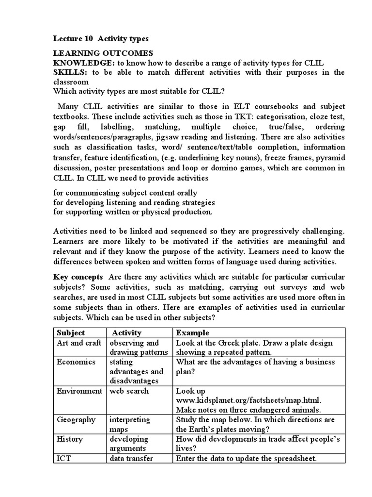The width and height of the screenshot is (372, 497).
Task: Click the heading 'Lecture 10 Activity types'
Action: (101, 38)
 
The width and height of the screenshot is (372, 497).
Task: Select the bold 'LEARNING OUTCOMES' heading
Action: (103, 53)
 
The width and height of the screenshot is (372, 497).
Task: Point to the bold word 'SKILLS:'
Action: (71, 72)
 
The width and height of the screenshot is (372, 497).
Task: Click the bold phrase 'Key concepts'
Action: (78, 277)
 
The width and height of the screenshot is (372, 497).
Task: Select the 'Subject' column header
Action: (71, 333)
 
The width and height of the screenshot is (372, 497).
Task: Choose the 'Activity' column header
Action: (127, 333)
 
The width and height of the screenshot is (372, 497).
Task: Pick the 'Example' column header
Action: (193, 333)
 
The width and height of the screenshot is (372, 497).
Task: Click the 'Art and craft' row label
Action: (79, 343)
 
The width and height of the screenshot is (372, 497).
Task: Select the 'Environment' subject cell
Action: (79, 391)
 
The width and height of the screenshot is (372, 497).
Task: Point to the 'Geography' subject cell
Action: (76, 420)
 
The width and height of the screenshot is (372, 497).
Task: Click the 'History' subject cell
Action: (70, 439)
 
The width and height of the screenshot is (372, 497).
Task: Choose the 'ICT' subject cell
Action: (64, 458)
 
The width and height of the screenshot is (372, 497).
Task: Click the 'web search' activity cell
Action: (129, 391)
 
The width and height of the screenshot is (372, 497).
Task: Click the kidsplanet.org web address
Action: (248, 400)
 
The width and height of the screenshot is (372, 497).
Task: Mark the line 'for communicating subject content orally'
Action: (125, 193)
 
